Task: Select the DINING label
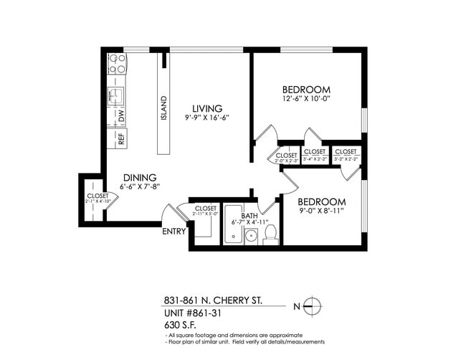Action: coord(139,178)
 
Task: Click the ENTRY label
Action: coord(174,232)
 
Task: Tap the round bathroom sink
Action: coord(250,236)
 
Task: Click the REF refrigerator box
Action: coord(118,139)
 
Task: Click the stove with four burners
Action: coord(117,64)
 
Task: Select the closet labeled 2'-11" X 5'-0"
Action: coord(206,210)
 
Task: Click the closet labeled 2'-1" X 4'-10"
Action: coord(98,199)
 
